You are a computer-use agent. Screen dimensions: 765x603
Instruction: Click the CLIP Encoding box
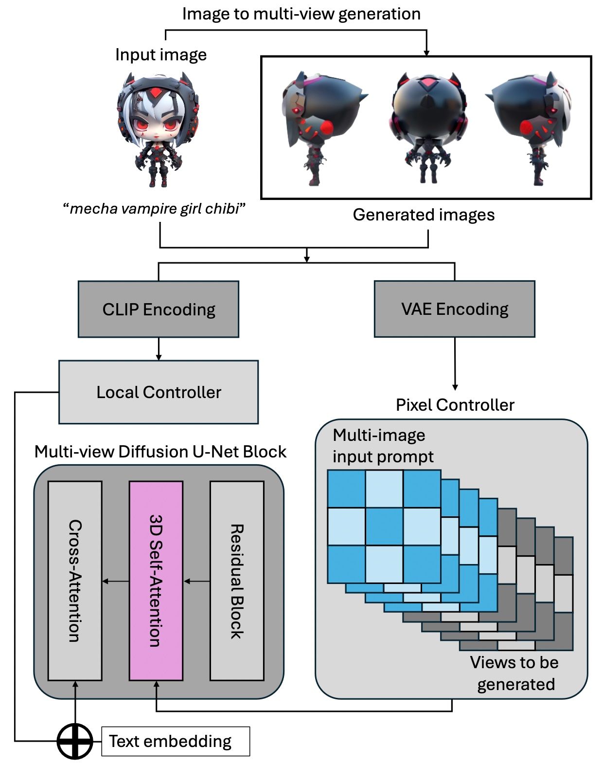click(159, 310)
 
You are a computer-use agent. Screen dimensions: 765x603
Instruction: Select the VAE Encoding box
click(454, 309)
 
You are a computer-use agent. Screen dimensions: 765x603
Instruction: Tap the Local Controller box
click(159, 392)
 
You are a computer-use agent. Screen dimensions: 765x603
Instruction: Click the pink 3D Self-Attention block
click(156, 581)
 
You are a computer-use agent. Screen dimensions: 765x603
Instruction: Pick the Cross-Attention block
click(75, 581)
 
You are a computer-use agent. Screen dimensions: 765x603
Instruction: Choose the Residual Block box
click(237, 581)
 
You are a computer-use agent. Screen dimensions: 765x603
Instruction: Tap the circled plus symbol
click(75, 741)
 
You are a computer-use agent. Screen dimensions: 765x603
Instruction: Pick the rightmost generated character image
click(533, 127)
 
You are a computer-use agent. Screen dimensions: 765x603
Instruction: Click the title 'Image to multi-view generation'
click(301, 14)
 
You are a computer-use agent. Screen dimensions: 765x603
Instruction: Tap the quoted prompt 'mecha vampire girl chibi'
click(154, 209)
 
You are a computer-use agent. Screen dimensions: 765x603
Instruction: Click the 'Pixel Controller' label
click(455, 405)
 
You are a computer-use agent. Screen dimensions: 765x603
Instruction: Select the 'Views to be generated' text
click(514, 673)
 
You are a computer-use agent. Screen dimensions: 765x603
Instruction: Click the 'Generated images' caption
click(424, 215)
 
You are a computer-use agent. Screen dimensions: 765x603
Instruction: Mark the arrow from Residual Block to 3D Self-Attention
click(196, 581)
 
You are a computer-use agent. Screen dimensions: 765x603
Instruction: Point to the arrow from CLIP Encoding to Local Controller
click(159, 349)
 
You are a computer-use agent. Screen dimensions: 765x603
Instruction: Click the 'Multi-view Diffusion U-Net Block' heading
click(160, 452)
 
